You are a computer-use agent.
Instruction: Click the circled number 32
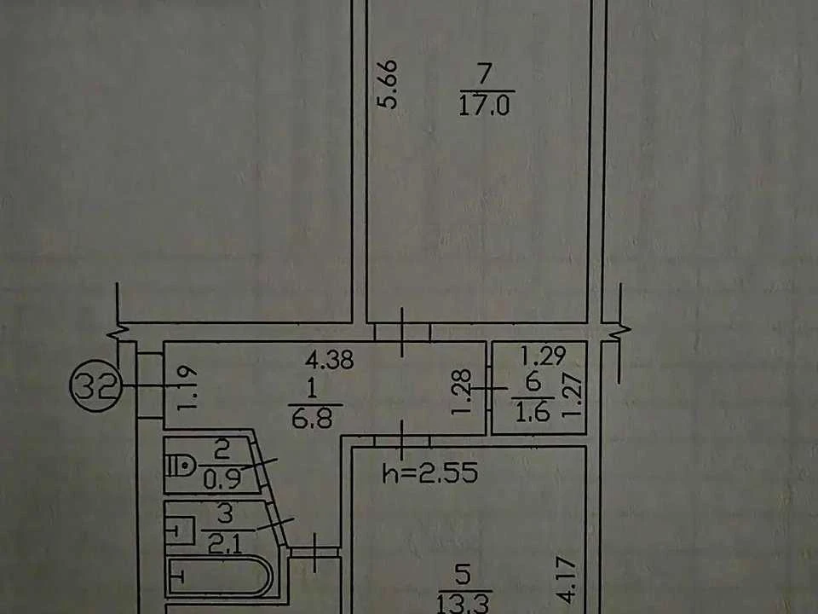[x=96, y=385]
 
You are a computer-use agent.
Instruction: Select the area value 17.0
[x=485, y=107]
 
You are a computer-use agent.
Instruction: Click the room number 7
[x=484, y=73]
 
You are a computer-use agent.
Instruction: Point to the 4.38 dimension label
[x=330, y=360]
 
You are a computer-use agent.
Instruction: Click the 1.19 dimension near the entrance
[x=187, y=388]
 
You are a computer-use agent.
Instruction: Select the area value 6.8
[x=312, y=418]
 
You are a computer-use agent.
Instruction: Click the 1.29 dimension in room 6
[x=543, y=356]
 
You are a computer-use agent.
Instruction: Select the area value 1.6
[x=532, y=412]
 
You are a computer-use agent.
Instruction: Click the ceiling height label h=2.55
[x=430, y=473]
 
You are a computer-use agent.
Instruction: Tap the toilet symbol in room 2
[x=180, y=465]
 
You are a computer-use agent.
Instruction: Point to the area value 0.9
[x=222, y=478]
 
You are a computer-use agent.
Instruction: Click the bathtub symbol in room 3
[x=219, y=576]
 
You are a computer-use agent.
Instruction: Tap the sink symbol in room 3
[x=180, y=531]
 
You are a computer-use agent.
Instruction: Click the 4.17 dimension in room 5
[x=570, y=581]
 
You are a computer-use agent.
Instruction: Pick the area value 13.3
[x=463, y=604]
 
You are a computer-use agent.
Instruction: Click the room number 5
[x=463, y=574]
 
